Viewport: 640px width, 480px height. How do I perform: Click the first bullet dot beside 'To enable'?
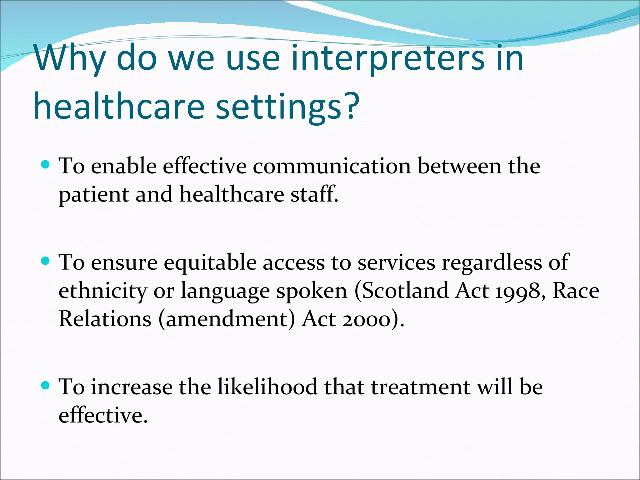tap(46, 164)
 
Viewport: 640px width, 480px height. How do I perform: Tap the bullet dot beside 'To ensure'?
tap(46, 261)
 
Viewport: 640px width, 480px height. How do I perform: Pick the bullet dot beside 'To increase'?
tap(46, 385)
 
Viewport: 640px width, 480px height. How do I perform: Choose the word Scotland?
tap(405, 291)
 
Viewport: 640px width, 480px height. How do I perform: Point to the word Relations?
tap(105, 319)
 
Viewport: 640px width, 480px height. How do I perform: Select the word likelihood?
tap(267, 387)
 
